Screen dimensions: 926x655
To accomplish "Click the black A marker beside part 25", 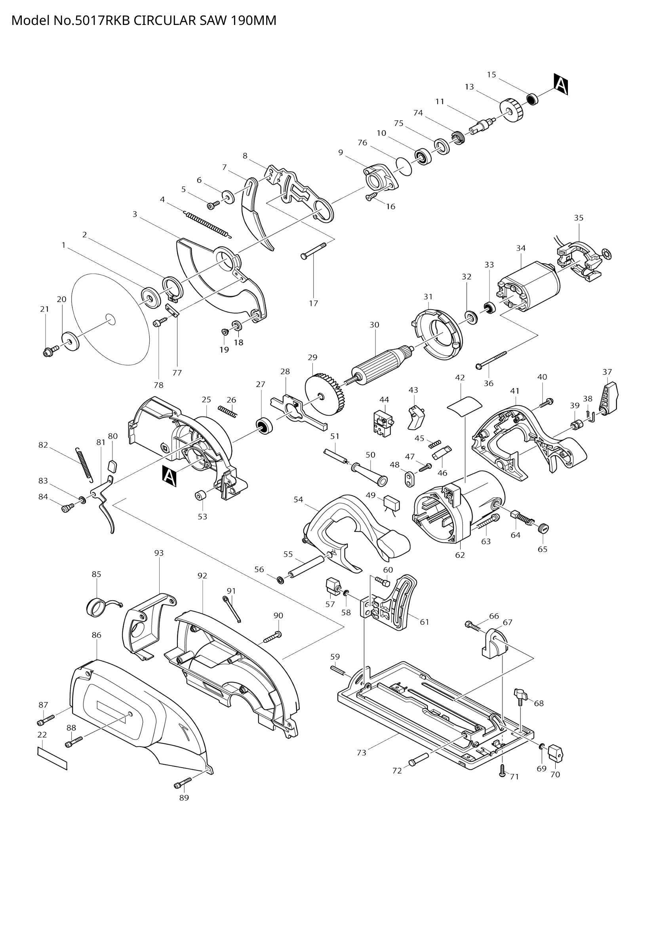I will (169, 476).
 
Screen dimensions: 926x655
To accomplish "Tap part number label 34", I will (521, 249).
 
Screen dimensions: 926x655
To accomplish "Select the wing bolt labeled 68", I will (521, 695).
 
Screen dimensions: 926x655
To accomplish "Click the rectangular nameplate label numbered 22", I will (52, 759).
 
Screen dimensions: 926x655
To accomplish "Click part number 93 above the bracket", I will (159, 553).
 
